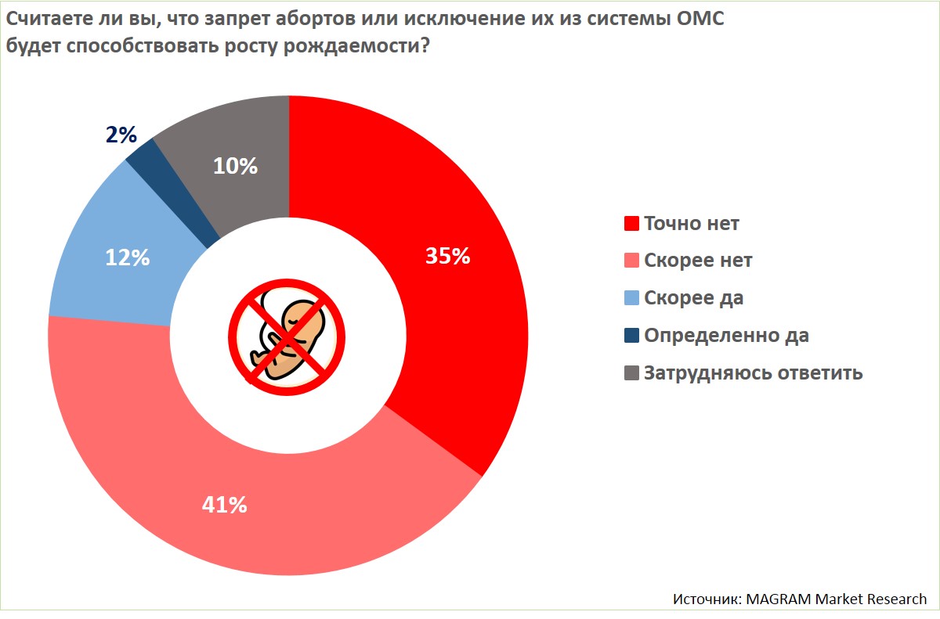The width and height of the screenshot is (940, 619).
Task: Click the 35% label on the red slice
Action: tap(447, 256)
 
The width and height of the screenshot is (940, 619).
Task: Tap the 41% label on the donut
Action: tap(224, 505)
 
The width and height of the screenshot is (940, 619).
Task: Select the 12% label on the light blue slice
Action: tap(127, 257)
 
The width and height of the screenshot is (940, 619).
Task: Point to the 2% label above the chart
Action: tap(121, 135)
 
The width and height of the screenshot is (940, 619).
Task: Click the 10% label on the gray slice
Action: tap(236, 166)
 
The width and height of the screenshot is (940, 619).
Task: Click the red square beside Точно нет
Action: tap(631, 224)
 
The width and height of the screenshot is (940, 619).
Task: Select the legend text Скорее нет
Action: tap(698, 261)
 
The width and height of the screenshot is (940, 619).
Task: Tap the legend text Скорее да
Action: tap(693, 298)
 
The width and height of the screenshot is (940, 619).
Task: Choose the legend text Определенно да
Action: tap(726, 336)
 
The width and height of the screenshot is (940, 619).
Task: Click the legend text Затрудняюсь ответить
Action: tap(753, 372)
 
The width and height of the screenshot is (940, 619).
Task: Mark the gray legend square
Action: tap(631, 372)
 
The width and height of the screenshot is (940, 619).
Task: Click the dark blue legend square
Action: tap(631, 336)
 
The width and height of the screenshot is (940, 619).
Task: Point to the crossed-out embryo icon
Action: tap(287, 333)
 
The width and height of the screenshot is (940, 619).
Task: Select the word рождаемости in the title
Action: tap(363, 45)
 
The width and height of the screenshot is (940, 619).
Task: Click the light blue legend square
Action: tap(631, 298)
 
